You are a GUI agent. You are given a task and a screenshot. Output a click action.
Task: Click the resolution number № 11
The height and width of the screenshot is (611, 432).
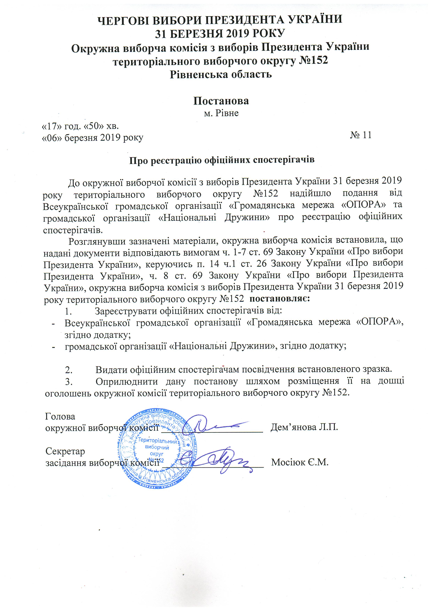[x=360, y=135]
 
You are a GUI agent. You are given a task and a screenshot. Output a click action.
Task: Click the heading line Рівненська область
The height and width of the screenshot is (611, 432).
[x=221, y=74]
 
